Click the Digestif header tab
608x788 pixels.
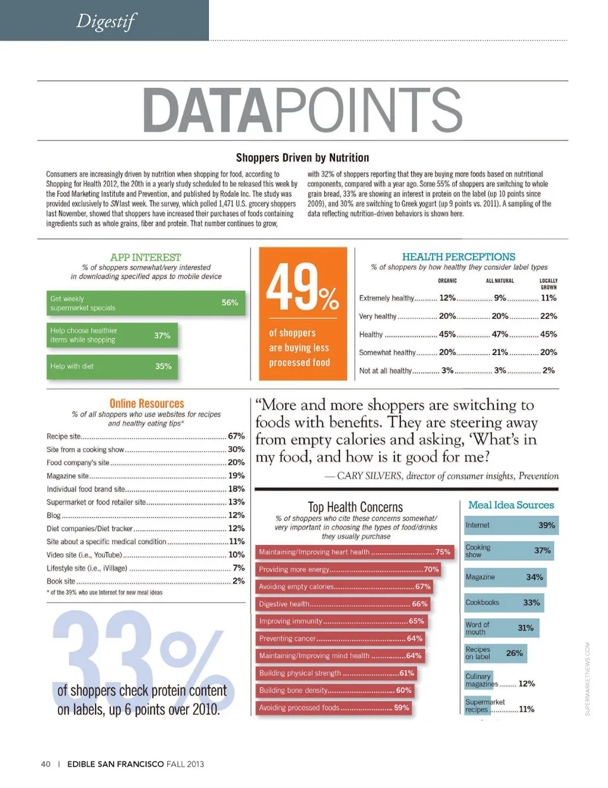pyautogui.click(x=105, y=21)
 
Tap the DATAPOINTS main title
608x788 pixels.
pyautogui.click(x=303, y=110)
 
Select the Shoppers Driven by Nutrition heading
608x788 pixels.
pyautogui.click(x=302, y=158)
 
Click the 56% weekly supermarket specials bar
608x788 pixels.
pyautogui.click(x=145, y=303)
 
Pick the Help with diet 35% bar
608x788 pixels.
pyautogui.click(x=111, y=366)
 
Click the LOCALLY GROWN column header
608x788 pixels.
pyautogui.click(x=548, y=284)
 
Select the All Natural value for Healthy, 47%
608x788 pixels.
pyautogui.click(x=500, y=334)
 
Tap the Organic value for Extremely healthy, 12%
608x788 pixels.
pyautogui.click(x=447, y=298)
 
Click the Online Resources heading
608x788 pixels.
pyautogui.click(x=146, y=404)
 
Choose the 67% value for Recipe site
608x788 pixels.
pyautogui.click(x=236, y=436)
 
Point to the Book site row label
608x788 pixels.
pyautogui.click(x=61, y=581)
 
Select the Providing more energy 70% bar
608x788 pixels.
pyautogui.click(x=348, y=570)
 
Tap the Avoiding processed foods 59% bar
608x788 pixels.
pyautogui.click(x=334, y=708)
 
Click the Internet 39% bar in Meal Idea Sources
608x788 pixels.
pyautogui.click(x=510, y=525)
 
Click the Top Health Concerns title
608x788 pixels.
pyautogui.click(x=355, y=507)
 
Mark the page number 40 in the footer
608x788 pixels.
pyautogui.click(x=46, y=764)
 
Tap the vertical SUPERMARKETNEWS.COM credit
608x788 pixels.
pyautogui.click(x=587, y=679)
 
